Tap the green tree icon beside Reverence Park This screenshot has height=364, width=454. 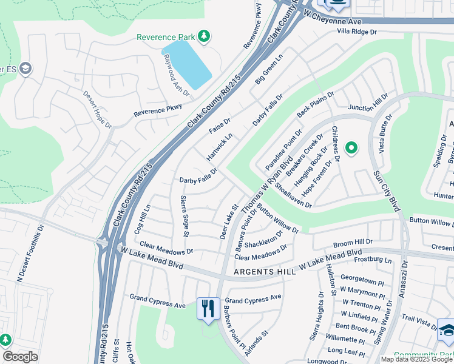205,36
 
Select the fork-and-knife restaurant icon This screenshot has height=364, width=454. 208,308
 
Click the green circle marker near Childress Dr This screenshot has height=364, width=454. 350,147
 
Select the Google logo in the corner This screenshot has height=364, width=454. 20,357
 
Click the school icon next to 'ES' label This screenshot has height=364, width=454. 25,69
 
